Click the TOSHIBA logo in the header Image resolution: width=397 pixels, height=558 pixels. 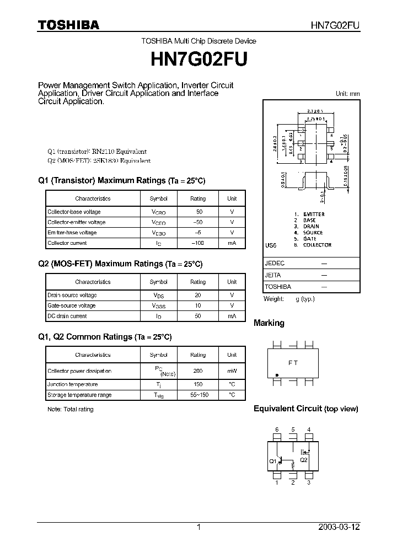68,24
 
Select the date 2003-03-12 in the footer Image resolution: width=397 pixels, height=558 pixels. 339,527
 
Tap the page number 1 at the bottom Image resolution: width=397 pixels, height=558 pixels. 198,527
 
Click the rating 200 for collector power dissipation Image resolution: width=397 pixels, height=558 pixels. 197,371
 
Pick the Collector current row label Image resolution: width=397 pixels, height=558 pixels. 67,243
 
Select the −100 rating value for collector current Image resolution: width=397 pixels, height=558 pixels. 197,243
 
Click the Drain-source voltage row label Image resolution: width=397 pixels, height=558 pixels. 72,295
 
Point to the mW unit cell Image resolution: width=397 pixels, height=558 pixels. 232,371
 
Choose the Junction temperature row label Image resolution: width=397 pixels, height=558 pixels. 73,384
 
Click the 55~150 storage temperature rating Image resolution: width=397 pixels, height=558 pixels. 197,395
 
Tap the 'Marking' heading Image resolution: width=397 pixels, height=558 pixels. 269,323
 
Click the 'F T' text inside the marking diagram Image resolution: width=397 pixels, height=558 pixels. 293,363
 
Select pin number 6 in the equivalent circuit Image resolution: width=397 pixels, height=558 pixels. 277,430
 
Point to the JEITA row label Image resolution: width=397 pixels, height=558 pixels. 273,275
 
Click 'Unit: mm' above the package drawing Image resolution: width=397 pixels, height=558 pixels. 347,94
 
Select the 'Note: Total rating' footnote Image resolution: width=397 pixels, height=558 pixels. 71,409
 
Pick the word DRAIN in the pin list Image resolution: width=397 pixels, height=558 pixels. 311,226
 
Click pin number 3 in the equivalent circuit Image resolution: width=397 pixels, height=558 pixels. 309,482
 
